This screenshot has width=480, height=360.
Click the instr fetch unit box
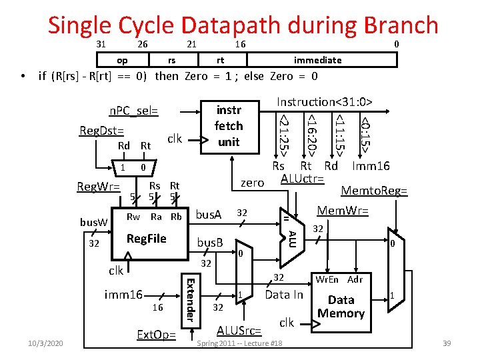point(228,125)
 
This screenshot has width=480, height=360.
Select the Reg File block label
point(146,239)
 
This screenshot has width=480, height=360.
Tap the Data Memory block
point(341,307)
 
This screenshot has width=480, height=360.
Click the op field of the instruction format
point(122,60)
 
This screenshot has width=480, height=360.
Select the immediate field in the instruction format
point(317,60)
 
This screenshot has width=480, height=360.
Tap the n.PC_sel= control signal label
point(133,110)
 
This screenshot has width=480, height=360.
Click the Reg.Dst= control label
point(100,130)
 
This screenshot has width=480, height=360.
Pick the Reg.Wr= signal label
point(98,187)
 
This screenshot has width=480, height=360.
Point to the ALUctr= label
point(302,179)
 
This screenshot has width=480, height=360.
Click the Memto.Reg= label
point(374,191)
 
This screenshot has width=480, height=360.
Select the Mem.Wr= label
point(343,211)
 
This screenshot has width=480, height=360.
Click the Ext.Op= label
point(155,334)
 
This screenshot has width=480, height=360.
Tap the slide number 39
point(447,343)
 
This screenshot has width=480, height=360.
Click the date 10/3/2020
point(46,343)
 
